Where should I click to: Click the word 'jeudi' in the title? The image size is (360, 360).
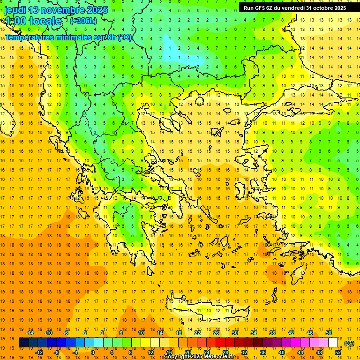[15, 9]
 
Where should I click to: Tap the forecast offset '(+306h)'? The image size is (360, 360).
[83, 21]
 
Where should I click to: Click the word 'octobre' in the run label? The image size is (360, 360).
[322, 7]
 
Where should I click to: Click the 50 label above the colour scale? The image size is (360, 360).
[329, 333]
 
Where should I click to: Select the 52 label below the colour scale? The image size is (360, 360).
[338, 352]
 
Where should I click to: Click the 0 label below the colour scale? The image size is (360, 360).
[93, 352]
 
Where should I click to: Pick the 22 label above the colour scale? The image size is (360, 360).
[197, 333]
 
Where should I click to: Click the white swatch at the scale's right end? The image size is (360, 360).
[333, 343]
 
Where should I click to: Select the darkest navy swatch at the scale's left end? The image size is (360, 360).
[23, 343]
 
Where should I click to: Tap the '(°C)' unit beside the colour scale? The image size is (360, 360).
[349, 343]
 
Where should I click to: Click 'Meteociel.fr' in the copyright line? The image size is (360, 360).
[220, 357]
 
